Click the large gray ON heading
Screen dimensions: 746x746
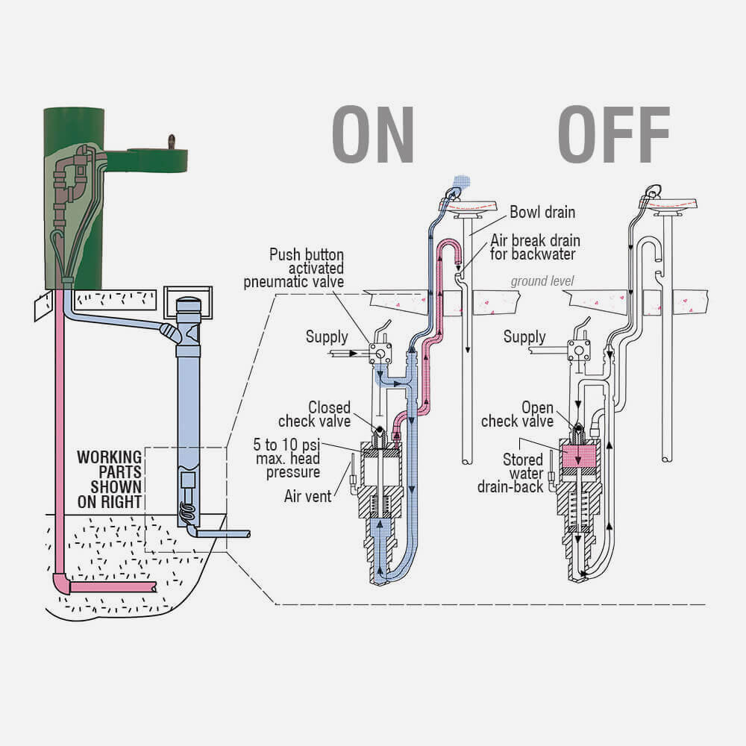pyautogui.click(x=372, y=135)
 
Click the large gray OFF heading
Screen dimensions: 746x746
pyautogui.click(x=613, y=135)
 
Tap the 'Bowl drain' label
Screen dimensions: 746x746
pyautogui.click(x=542, y=212)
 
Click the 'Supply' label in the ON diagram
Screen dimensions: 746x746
pyautogui.click(x=327, y=336)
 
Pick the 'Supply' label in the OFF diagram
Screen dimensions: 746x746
pyautogui.click(x=524, y=336)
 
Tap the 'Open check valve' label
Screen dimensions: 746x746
pyautogui.click(x=517, y=415)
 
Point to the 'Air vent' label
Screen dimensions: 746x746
pyautogui.click(x=307, y=495)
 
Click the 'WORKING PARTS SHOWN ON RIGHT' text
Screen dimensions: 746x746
pyautogui.click(x=110, y=479)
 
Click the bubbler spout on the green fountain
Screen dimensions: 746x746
pyautogui.click(x=172, y=140)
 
